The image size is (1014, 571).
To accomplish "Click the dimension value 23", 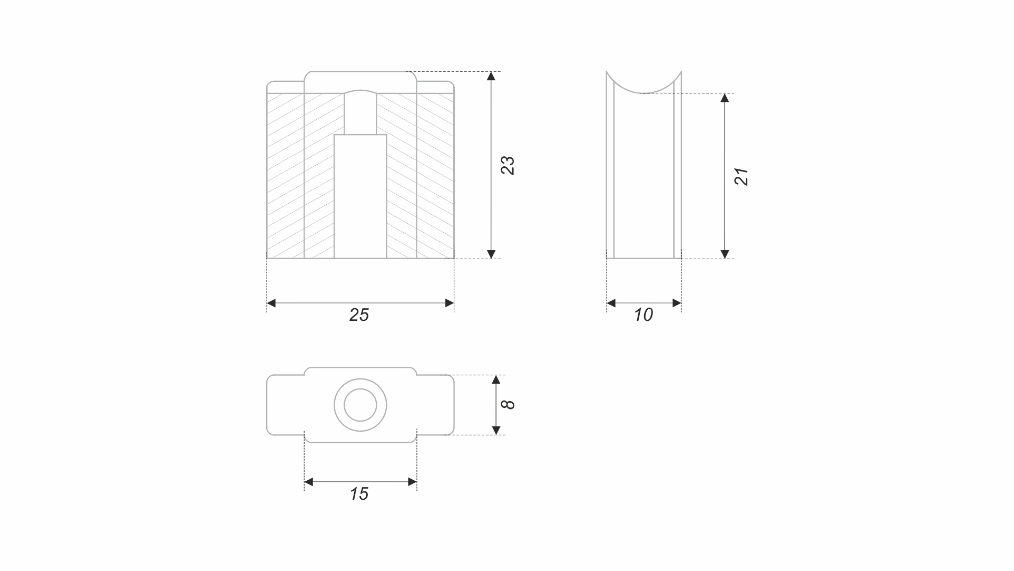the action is tap(508, 165).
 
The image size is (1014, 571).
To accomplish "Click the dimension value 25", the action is tap(359, 315).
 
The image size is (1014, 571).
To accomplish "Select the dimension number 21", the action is tap(741, 176).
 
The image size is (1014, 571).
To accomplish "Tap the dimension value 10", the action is tap(643, 315).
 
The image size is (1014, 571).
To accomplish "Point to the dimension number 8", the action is tap(508, 405).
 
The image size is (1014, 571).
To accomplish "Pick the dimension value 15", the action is tap(359, 494).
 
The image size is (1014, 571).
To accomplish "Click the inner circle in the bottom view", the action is tap(360, 405).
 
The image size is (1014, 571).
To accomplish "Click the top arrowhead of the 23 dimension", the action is tap(491, 75).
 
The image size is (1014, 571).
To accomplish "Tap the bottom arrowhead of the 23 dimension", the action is tap(491, 254).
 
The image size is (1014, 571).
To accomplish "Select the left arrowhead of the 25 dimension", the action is tap(271, 303).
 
